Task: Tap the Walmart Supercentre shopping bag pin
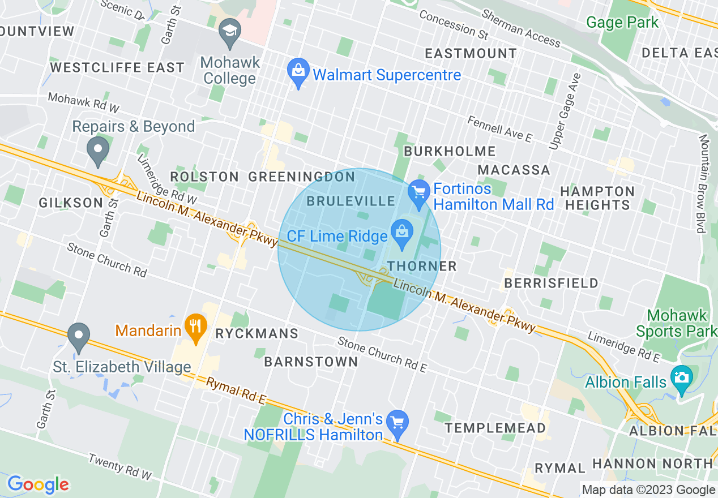tap(298, 72)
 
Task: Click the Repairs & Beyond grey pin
tap(99, 151)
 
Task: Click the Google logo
tap(38, 484)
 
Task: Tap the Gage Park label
tap(622, 23)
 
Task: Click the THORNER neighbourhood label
tap(422, 266)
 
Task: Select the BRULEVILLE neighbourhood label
tap(351, 201)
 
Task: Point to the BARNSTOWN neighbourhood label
tap(311, 362)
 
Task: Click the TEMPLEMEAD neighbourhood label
tap(495, 428)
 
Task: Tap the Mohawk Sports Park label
tap(676, 323)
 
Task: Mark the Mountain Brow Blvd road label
tap(703, 183)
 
